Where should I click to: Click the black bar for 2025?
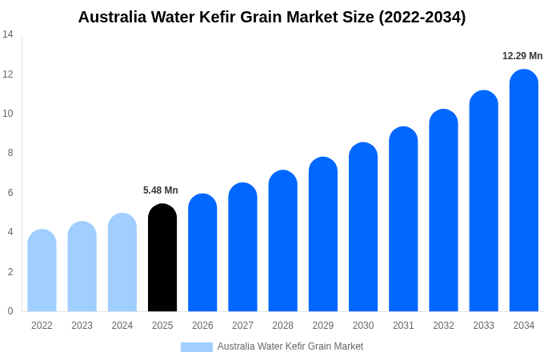(x=162, y=258)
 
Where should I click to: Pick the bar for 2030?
(x=363, y=227)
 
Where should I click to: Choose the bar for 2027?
(x=242, y=247)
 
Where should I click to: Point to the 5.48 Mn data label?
(x=161, y=190)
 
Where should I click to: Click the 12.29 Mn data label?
(x=522, y=56)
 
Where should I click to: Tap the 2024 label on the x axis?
(x=122, y=326)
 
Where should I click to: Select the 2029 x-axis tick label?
(x=323, y=326)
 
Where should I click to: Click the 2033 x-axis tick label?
(x=483, y=326)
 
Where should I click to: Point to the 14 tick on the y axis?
(x=8, y=34)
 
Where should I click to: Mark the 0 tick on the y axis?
(x=10, y=311)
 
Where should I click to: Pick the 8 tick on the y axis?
(x=10, y=153)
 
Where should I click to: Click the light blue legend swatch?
(x=196, y=347)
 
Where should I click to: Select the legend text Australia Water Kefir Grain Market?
(x=290, y=346)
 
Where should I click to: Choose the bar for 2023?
(x=82, y=266)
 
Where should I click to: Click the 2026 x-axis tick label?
(x=202, y=326)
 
